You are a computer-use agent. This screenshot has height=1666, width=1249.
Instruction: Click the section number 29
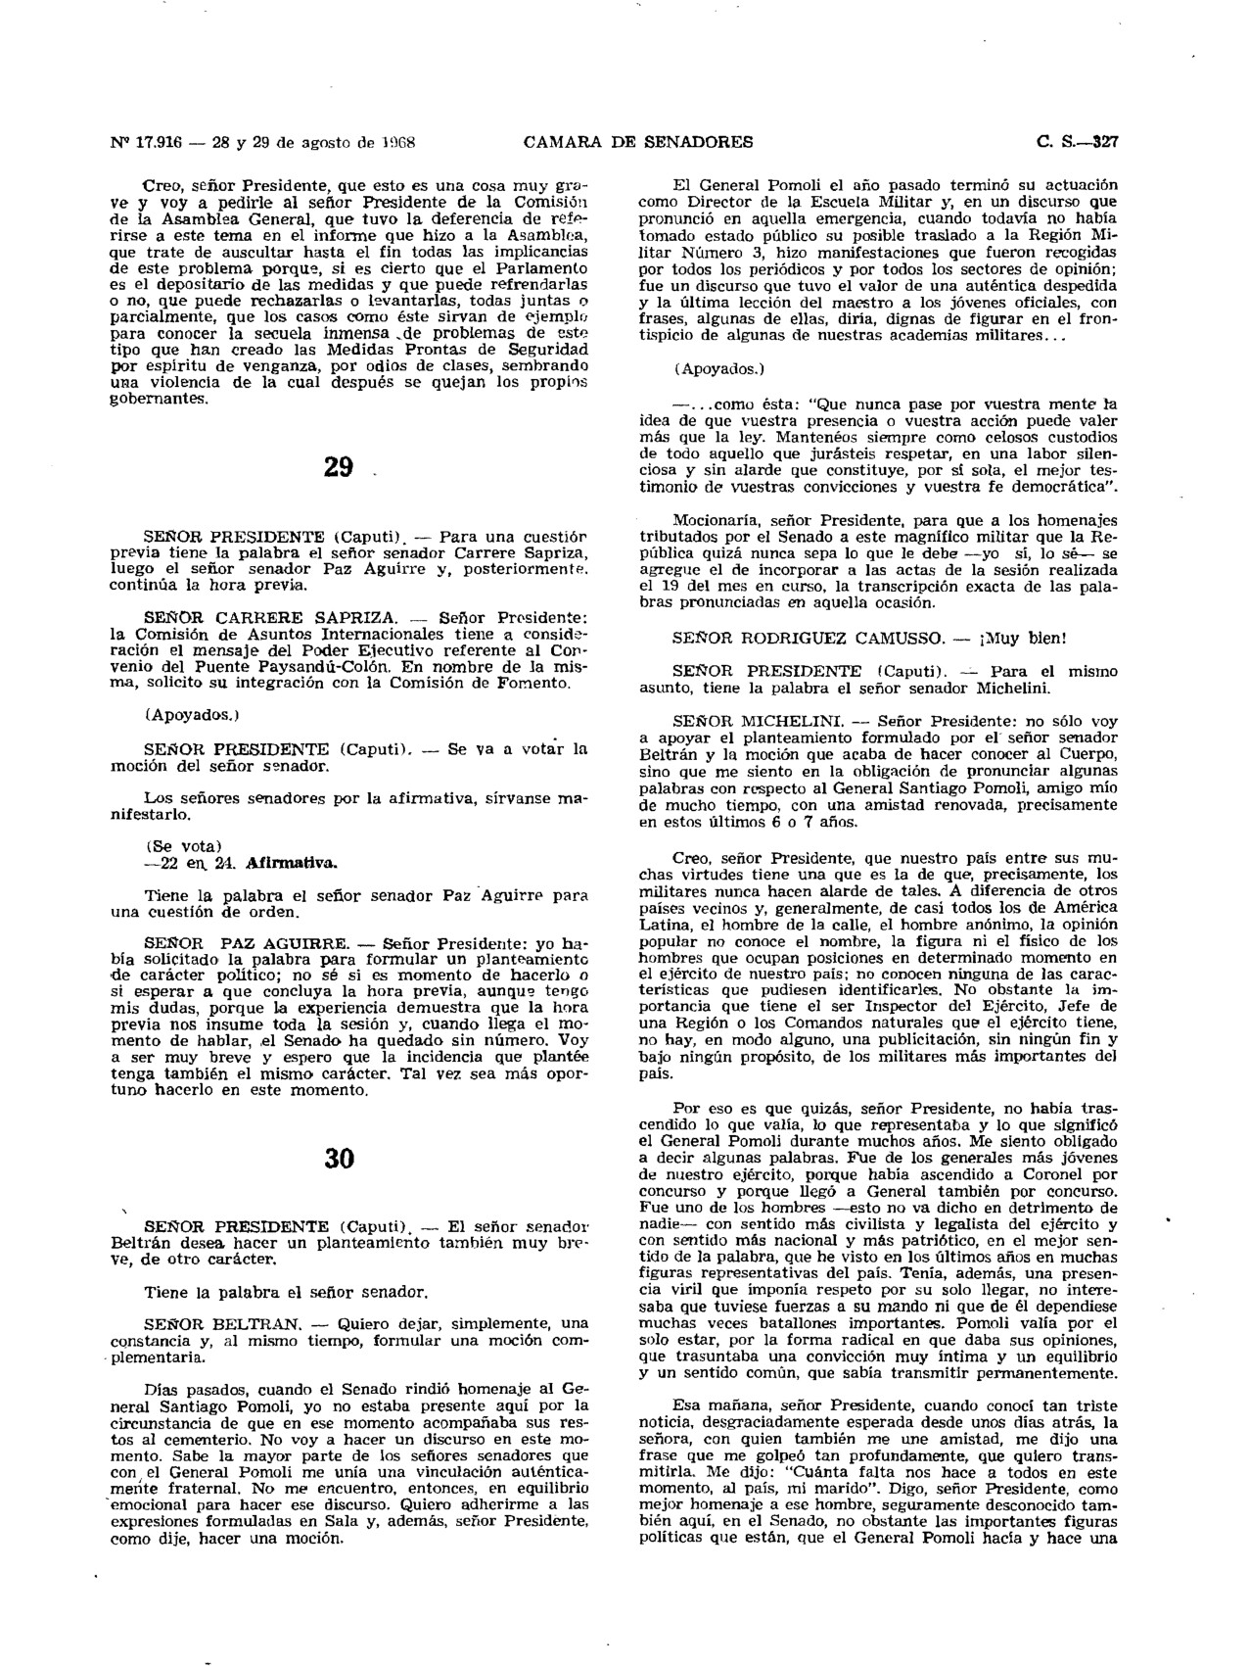point(338,467)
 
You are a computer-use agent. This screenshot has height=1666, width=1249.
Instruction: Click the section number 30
point(338,1158)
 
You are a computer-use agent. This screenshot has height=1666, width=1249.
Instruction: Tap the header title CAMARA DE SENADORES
point(638,142)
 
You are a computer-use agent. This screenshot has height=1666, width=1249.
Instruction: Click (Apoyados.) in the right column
point(716,369)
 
